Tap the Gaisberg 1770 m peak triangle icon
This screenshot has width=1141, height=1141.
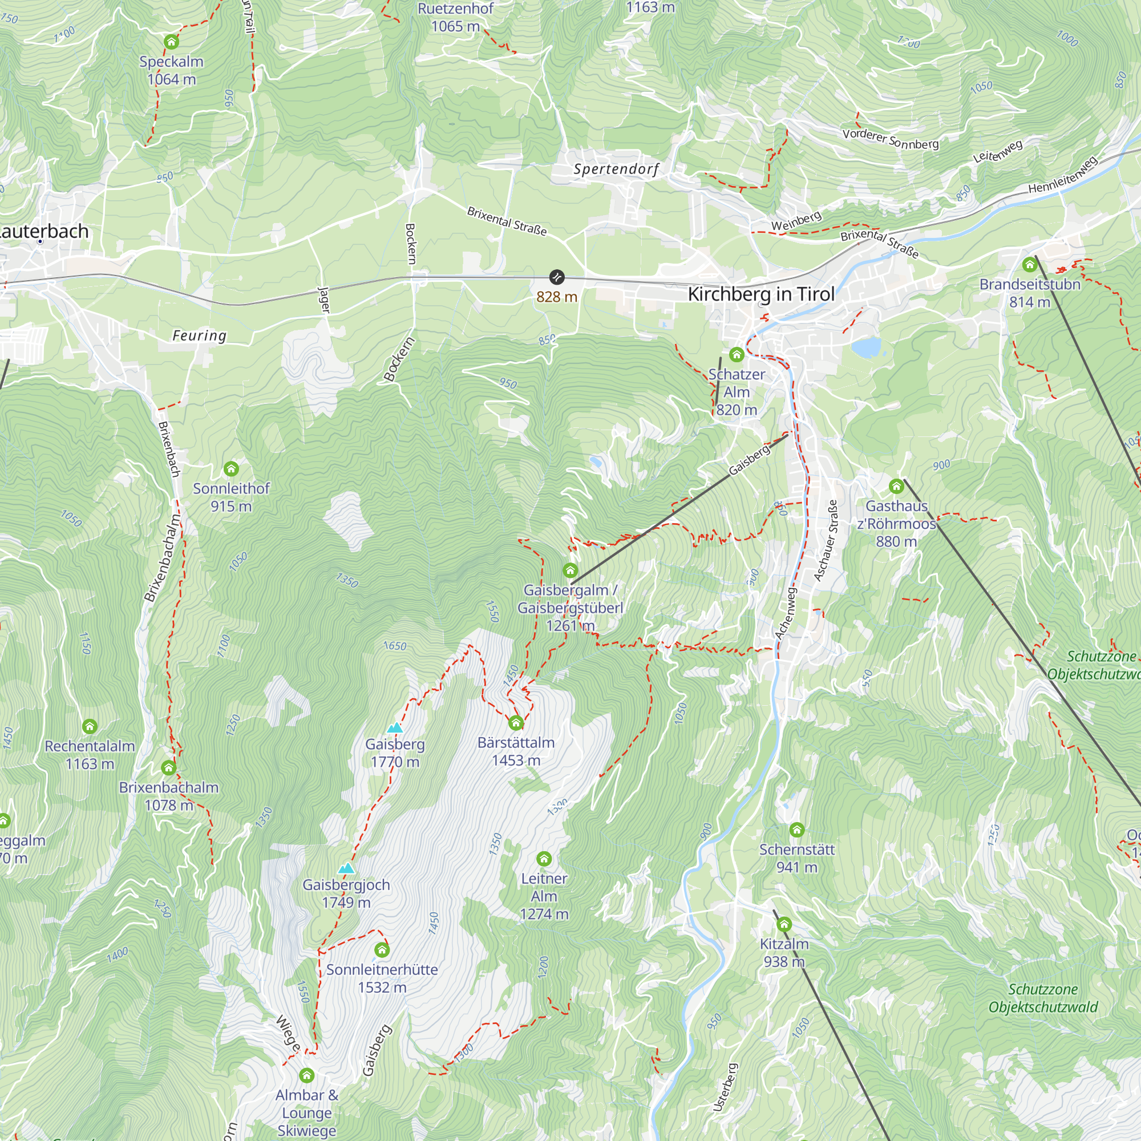(395, 727)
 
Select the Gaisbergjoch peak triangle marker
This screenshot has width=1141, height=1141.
(346, 868)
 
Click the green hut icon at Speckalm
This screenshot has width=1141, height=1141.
(171, 41)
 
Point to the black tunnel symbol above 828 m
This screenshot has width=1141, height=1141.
(556, 277)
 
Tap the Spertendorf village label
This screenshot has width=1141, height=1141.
(616, 169)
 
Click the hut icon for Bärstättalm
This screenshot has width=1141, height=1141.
(516, 723)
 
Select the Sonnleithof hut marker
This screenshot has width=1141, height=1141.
(231, 469)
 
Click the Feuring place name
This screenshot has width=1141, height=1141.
(199, 335)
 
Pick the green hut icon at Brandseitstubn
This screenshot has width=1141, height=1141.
(1029, 264)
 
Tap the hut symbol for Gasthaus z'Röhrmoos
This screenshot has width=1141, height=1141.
(896, 486)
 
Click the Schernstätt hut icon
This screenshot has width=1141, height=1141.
(796, 830)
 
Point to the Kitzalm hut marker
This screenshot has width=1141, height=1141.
(784, 924)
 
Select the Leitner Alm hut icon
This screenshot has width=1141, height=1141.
(544, 859)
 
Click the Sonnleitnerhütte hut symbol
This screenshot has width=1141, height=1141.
(382, 950)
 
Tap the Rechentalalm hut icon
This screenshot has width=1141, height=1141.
(89, 726)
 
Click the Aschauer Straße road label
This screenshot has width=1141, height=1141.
(826, 540)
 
